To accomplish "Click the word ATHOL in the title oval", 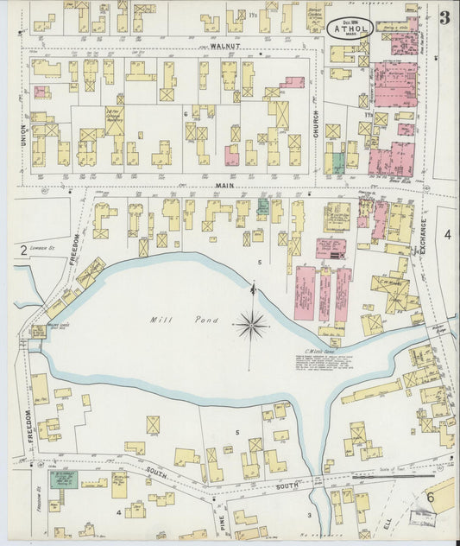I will point(350,28).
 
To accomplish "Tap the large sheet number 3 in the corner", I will point(444,18).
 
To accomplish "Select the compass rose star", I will point(252,324).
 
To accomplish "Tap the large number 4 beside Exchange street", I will point(447,234).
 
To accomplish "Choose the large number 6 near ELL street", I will point(429,498).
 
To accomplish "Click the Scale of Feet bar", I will point(406,474).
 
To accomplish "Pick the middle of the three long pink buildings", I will point(325,295).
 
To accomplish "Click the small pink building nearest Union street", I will point(40,91).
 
